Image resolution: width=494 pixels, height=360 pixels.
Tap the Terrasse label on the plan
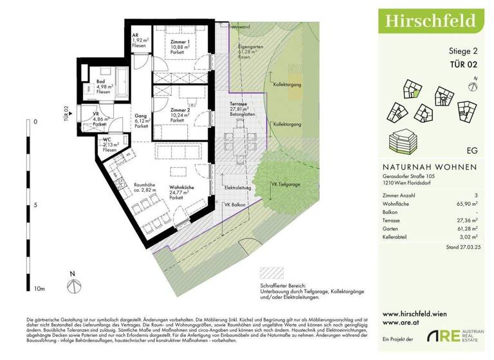tap(239, 107)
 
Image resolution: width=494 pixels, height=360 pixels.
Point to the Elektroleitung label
tap(237, 187)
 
